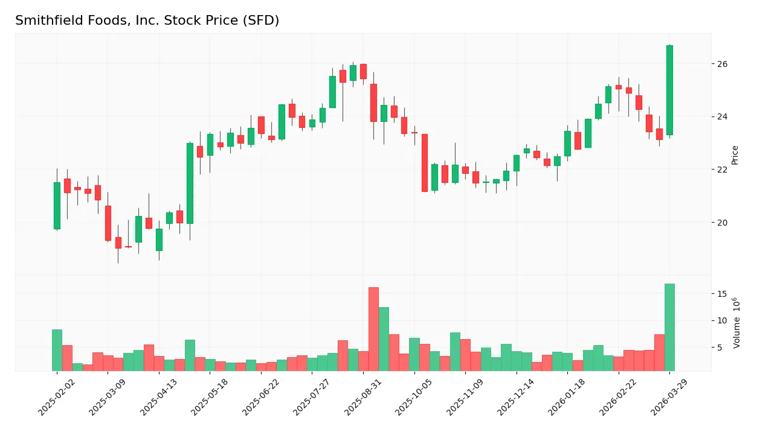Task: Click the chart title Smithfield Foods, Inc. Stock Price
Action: click(147, 21)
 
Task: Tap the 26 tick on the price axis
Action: click(723, 64)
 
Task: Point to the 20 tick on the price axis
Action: click(723, 223)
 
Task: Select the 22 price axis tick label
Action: click(723, 170)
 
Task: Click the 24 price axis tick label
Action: click(723, 117)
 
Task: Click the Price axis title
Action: click(735, 155)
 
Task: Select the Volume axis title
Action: click(736, 323)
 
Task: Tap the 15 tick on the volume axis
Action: click(723, 294)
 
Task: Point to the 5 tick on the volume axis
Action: click(720, 348)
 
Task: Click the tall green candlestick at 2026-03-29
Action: click(669, 90)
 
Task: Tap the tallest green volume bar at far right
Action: click(669, 328)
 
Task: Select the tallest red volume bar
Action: click(373, 329)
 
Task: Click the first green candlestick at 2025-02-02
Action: click(57, 206)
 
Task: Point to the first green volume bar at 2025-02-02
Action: click(57, 351)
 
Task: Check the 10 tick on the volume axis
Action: click(723, 320)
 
